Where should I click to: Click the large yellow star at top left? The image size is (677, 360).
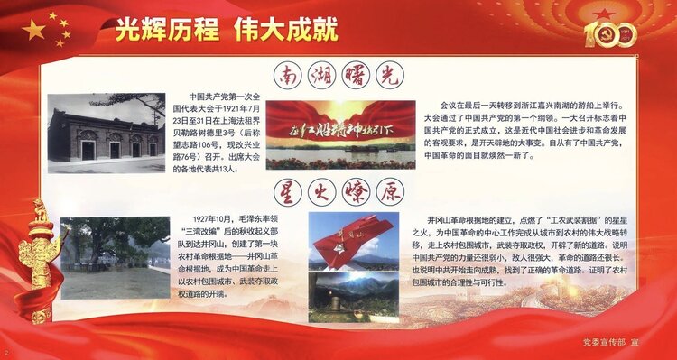33,31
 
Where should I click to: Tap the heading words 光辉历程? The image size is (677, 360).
167,30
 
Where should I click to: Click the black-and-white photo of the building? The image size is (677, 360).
106,134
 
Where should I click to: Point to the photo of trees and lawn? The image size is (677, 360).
115,257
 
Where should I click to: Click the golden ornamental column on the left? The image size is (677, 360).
39,262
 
